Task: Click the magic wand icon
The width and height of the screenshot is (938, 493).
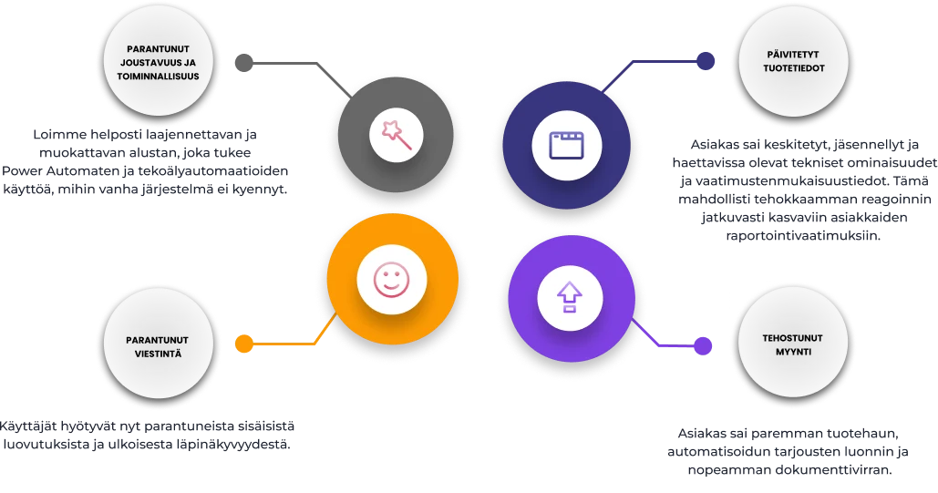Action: [396, 135]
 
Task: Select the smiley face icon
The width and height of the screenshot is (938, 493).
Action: [391, 280]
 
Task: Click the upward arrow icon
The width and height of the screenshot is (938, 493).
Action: [569, 295]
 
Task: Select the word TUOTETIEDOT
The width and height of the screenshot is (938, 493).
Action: [784, 67]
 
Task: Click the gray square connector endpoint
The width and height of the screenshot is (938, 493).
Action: [243, 61]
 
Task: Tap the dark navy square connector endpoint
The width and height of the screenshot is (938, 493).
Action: [703, 61]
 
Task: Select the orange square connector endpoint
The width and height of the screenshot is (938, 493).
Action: [243, 344]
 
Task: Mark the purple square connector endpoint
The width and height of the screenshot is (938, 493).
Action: [702, 345]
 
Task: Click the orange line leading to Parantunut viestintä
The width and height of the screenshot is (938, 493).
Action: [283, 344]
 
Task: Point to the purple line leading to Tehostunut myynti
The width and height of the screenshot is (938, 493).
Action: [670, 346]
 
